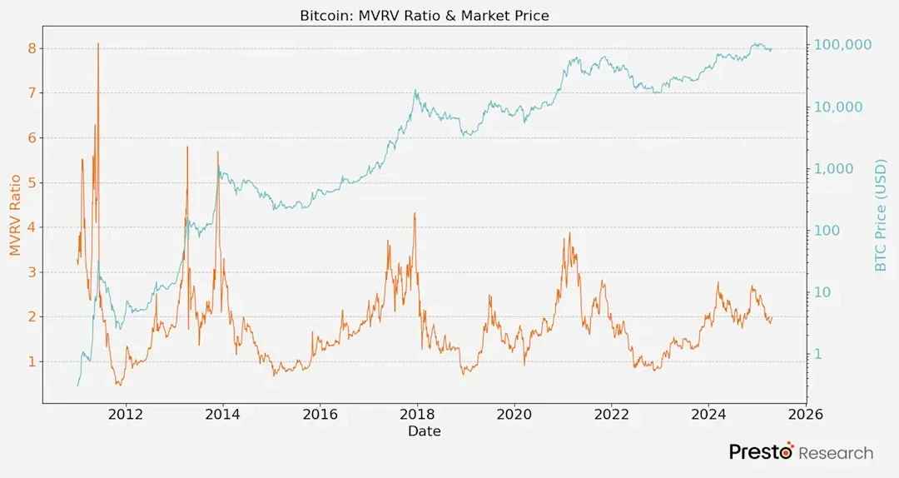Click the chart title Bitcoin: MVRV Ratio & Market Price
click(425, 16)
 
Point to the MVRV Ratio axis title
click(14, 215)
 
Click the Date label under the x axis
click(425, 431)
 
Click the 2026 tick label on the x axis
click(805, 415)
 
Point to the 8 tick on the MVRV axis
click(32, 48)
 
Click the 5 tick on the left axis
click(32, 182)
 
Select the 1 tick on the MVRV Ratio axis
click(32, 361)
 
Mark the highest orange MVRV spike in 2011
click(98, 44)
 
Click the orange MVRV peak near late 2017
click(415, 214)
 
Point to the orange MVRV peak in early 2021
click(569, 233)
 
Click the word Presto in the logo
click(761, 452)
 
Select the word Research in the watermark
click(836, 453)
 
